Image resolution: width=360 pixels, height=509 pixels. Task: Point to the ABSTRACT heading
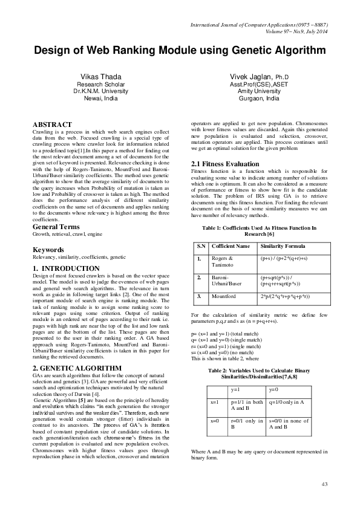[x=53, y=123]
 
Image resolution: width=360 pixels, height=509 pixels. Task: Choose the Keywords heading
[x=49, y=250]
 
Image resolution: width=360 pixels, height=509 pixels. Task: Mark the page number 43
[x=324, y=485]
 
